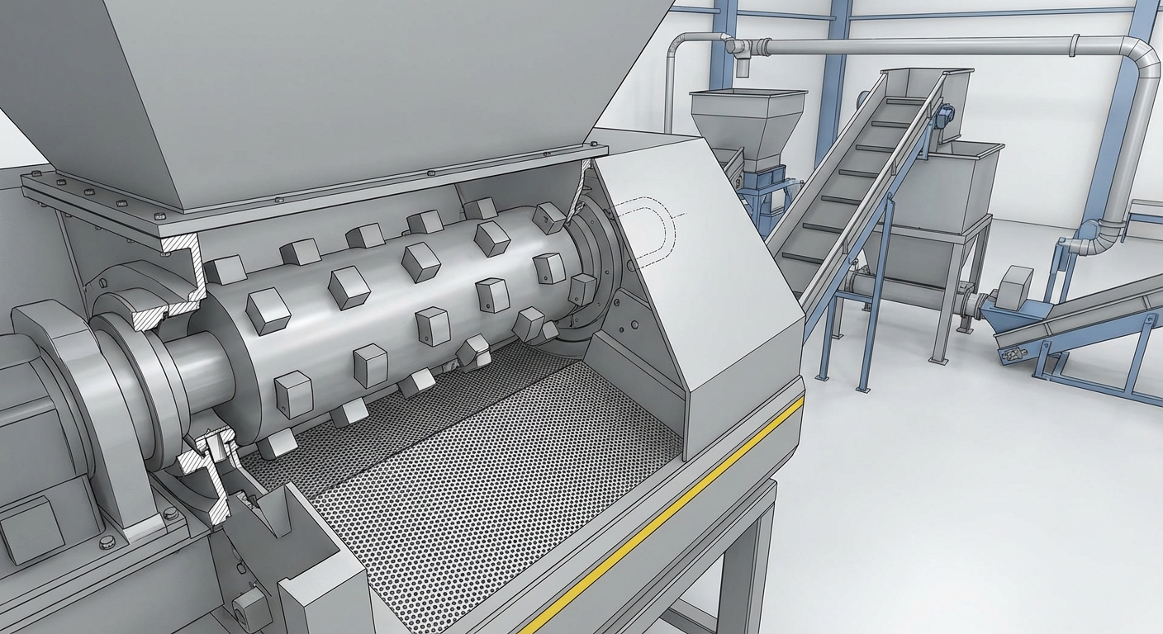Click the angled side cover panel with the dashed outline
[x=702, y=281]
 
